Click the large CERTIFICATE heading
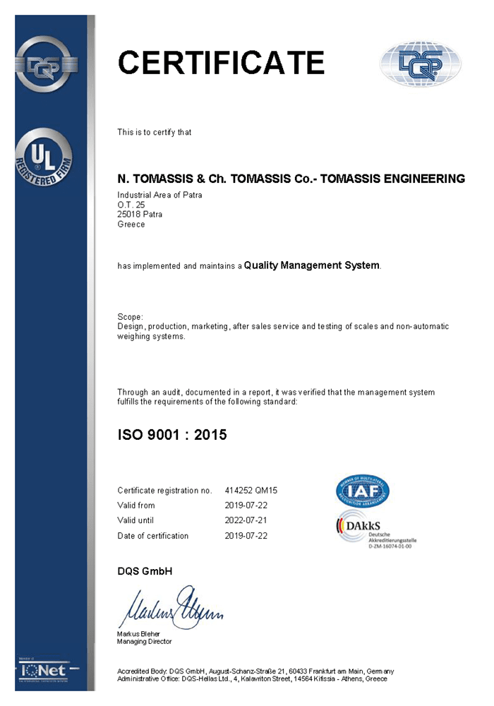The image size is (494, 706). [x=221, y=63]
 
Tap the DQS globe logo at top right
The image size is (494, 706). [x=421, y=64]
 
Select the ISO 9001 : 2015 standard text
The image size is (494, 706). [x=172, y=435]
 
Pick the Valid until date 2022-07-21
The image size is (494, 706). [x=246, y=520]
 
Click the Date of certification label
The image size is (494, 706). [x=153, y=536]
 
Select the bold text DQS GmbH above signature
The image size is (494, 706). [x=145, y=571]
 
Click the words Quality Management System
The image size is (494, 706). [x=311, y=265]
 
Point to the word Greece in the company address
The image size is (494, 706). [x=131, y=225]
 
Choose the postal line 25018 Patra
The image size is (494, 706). [x=140, y=215]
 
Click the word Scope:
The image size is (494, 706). [x=131, y=317]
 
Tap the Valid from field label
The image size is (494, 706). [x=136, y=505]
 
